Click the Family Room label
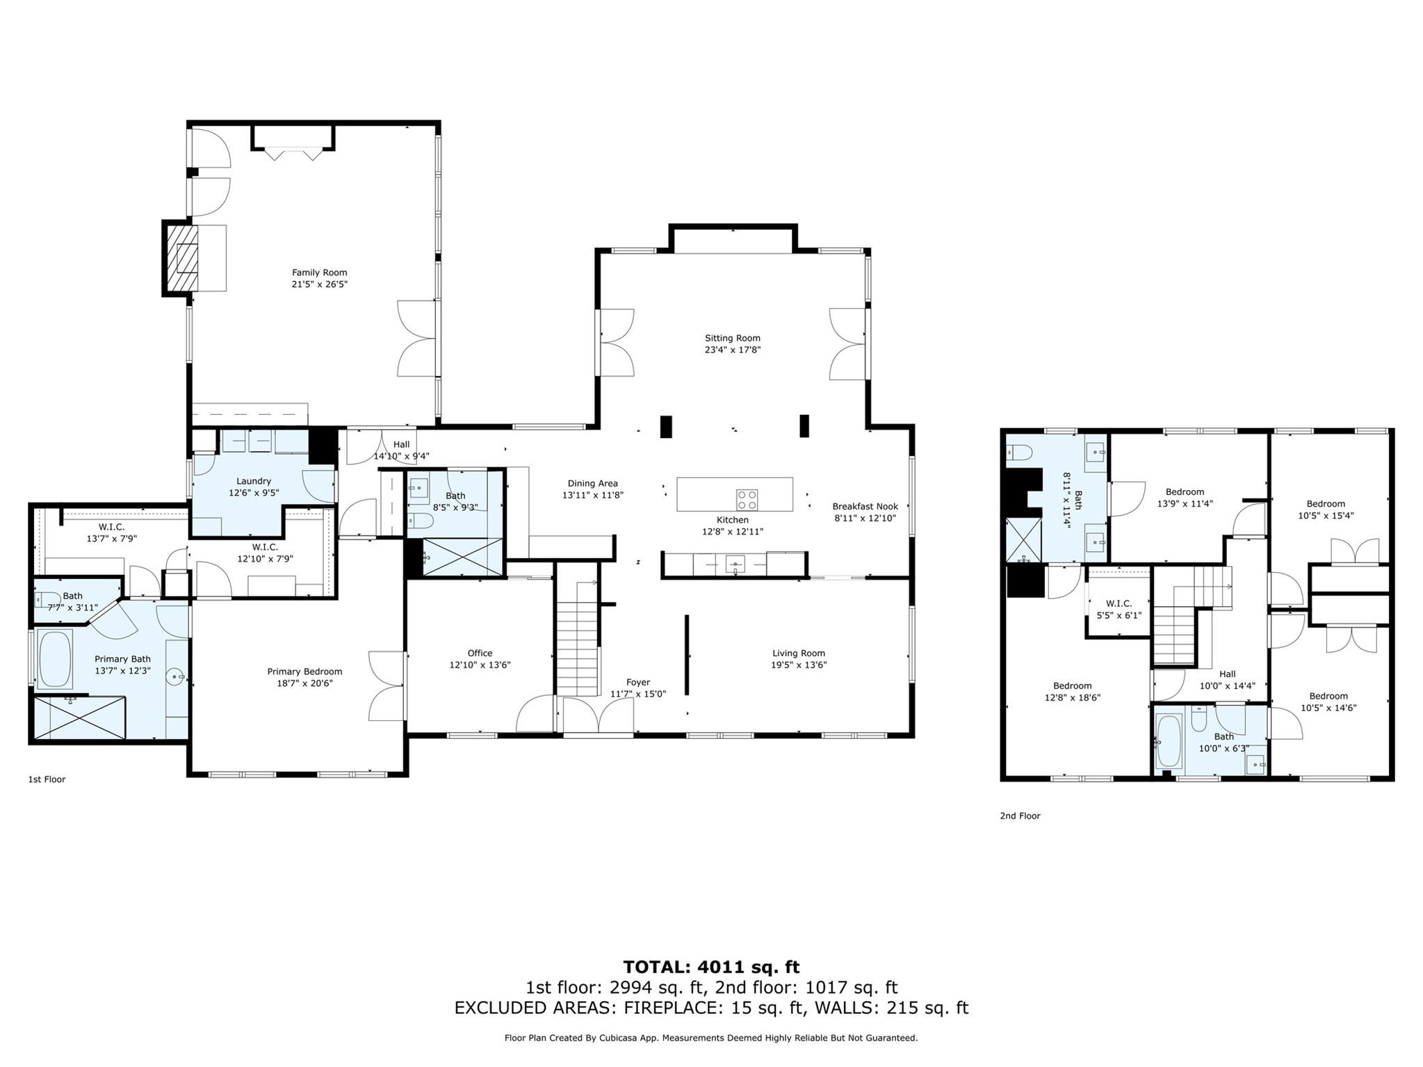319,272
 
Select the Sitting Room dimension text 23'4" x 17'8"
733,350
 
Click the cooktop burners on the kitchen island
747,499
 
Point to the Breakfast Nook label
865,507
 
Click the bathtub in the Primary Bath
56,658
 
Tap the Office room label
480,653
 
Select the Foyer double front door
598,716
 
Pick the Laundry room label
254,481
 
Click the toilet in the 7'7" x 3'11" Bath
47,598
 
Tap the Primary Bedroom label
304,671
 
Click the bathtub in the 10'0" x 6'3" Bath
1169,742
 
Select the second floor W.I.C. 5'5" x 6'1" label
1119,603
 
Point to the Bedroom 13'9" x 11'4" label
1185,492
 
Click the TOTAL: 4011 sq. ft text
711,967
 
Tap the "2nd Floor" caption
1020,816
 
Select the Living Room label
799,653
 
